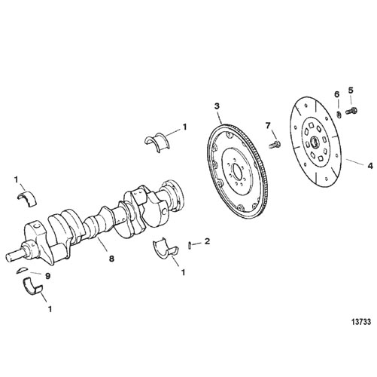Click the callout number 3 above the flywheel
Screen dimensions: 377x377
[x=217, y=106]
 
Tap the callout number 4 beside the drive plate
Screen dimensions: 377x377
[x=370, y=166]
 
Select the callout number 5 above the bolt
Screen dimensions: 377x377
[x=351, y=90]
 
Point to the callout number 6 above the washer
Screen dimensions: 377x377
[x=337, y=94]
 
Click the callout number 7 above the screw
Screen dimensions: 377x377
[x=269, y=126]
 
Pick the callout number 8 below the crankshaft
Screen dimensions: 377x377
[x=111, y=259]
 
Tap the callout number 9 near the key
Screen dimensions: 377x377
[x=47, y=276]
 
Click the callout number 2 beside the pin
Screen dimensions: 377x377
[x=207, y=241]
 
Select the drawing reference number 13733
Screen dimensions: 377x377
[x=360, y=322]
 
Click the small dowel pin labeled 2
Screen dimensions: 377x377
[x=190, y=245]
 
